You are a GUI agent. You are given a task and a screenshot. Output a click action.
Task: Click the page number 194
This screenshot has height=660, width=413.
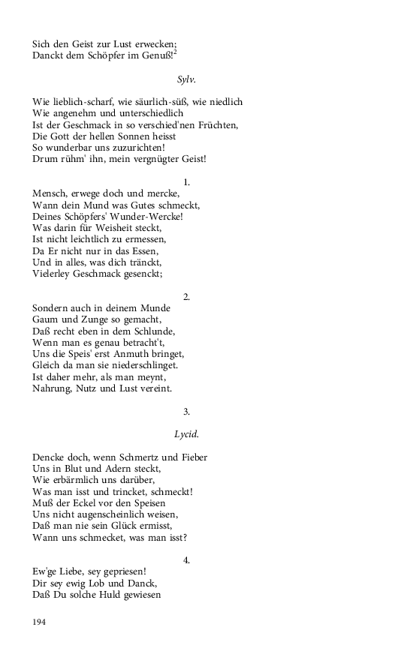(x=41, y=622)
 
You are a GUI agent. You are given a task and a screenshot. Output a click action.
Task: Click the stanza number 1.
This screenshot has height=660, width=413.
(x=186, y=181)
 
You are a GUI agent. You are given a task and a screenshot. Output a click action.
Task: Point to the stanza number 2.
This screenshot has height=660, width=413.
(x=186, y=296)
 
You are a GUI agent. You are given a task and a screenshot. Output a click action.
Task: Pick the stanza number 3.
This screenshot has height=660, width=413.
(x=186, y=411)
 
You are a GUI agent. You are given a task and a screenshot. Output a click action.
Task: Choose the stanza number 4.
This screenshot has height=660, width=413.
(x=186, y=559)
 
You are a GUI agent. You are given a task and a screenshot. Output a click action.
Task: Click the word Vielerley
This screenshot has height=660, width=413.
(x=53, y=274)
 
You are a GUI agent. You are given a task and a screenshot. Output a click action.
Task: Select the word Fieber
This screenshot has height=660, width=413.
(x=191, y=457)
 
